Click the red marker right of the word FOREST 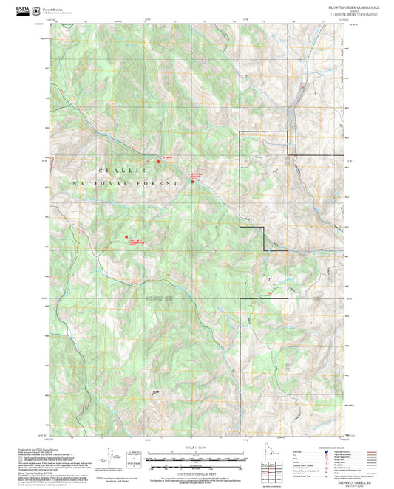[193, 181]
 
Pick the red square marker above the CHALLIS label [157, 159]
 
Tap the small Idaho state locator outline [269, 448]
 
